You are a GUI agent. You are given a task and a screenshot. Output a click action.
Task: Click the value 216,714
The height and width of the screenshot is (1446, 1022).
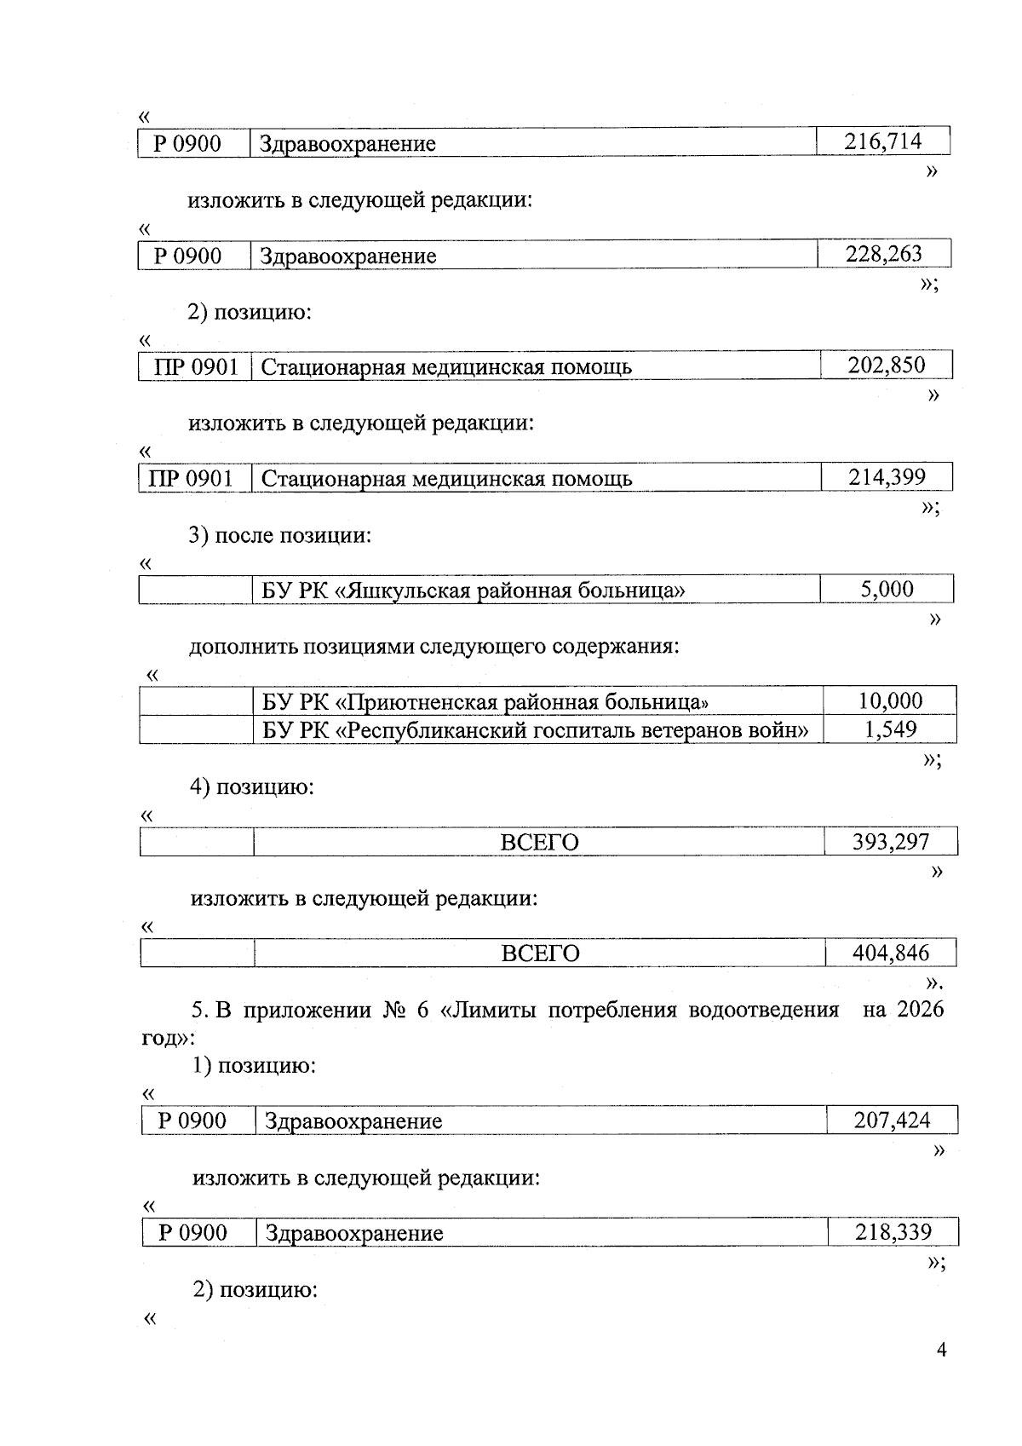pos(882,141)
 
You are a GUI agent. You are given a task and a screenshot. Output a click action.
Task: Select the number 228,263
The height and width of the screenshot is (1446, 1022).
pos(883,254)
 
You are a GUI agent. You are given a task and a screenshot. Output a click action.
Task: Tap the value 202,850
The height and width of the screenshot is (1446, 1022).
pos(886,366)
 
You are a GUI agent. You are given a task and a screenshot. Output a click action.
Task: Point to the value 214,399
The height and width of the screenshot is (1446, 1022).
pos(887,477)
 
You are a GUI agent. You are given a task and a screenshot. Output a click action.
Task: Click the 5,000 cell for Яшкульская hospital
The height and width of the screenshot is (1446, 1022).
pos(887,589)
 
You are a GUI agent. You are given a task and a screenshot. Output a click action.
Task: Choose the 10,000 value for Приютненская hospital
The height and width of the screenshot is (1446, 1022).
pos(890,701)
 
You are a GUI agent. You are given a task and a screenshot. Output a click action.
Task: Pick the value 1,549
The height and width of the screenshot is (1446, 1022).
pos(890,729)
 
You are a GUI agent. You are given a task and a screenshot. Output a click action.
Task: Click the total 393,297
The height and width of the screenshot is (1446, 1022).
pos(891,842)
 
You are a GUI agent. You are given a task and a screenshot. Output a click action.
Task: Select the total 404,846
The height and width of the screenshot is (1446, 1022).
pos(891,953)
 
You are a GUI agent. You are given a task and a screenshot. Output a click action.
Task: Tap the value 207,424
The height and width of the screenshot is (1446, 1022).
pos(892,1121)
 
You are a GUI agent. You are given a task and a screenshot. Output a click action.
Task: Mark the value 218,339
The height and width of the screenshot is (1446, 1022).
pos(893,1232)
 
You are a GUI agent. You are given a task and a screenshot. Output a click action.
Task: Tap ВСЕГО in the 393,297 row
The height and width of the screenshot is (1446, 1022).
pos(539,843)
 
